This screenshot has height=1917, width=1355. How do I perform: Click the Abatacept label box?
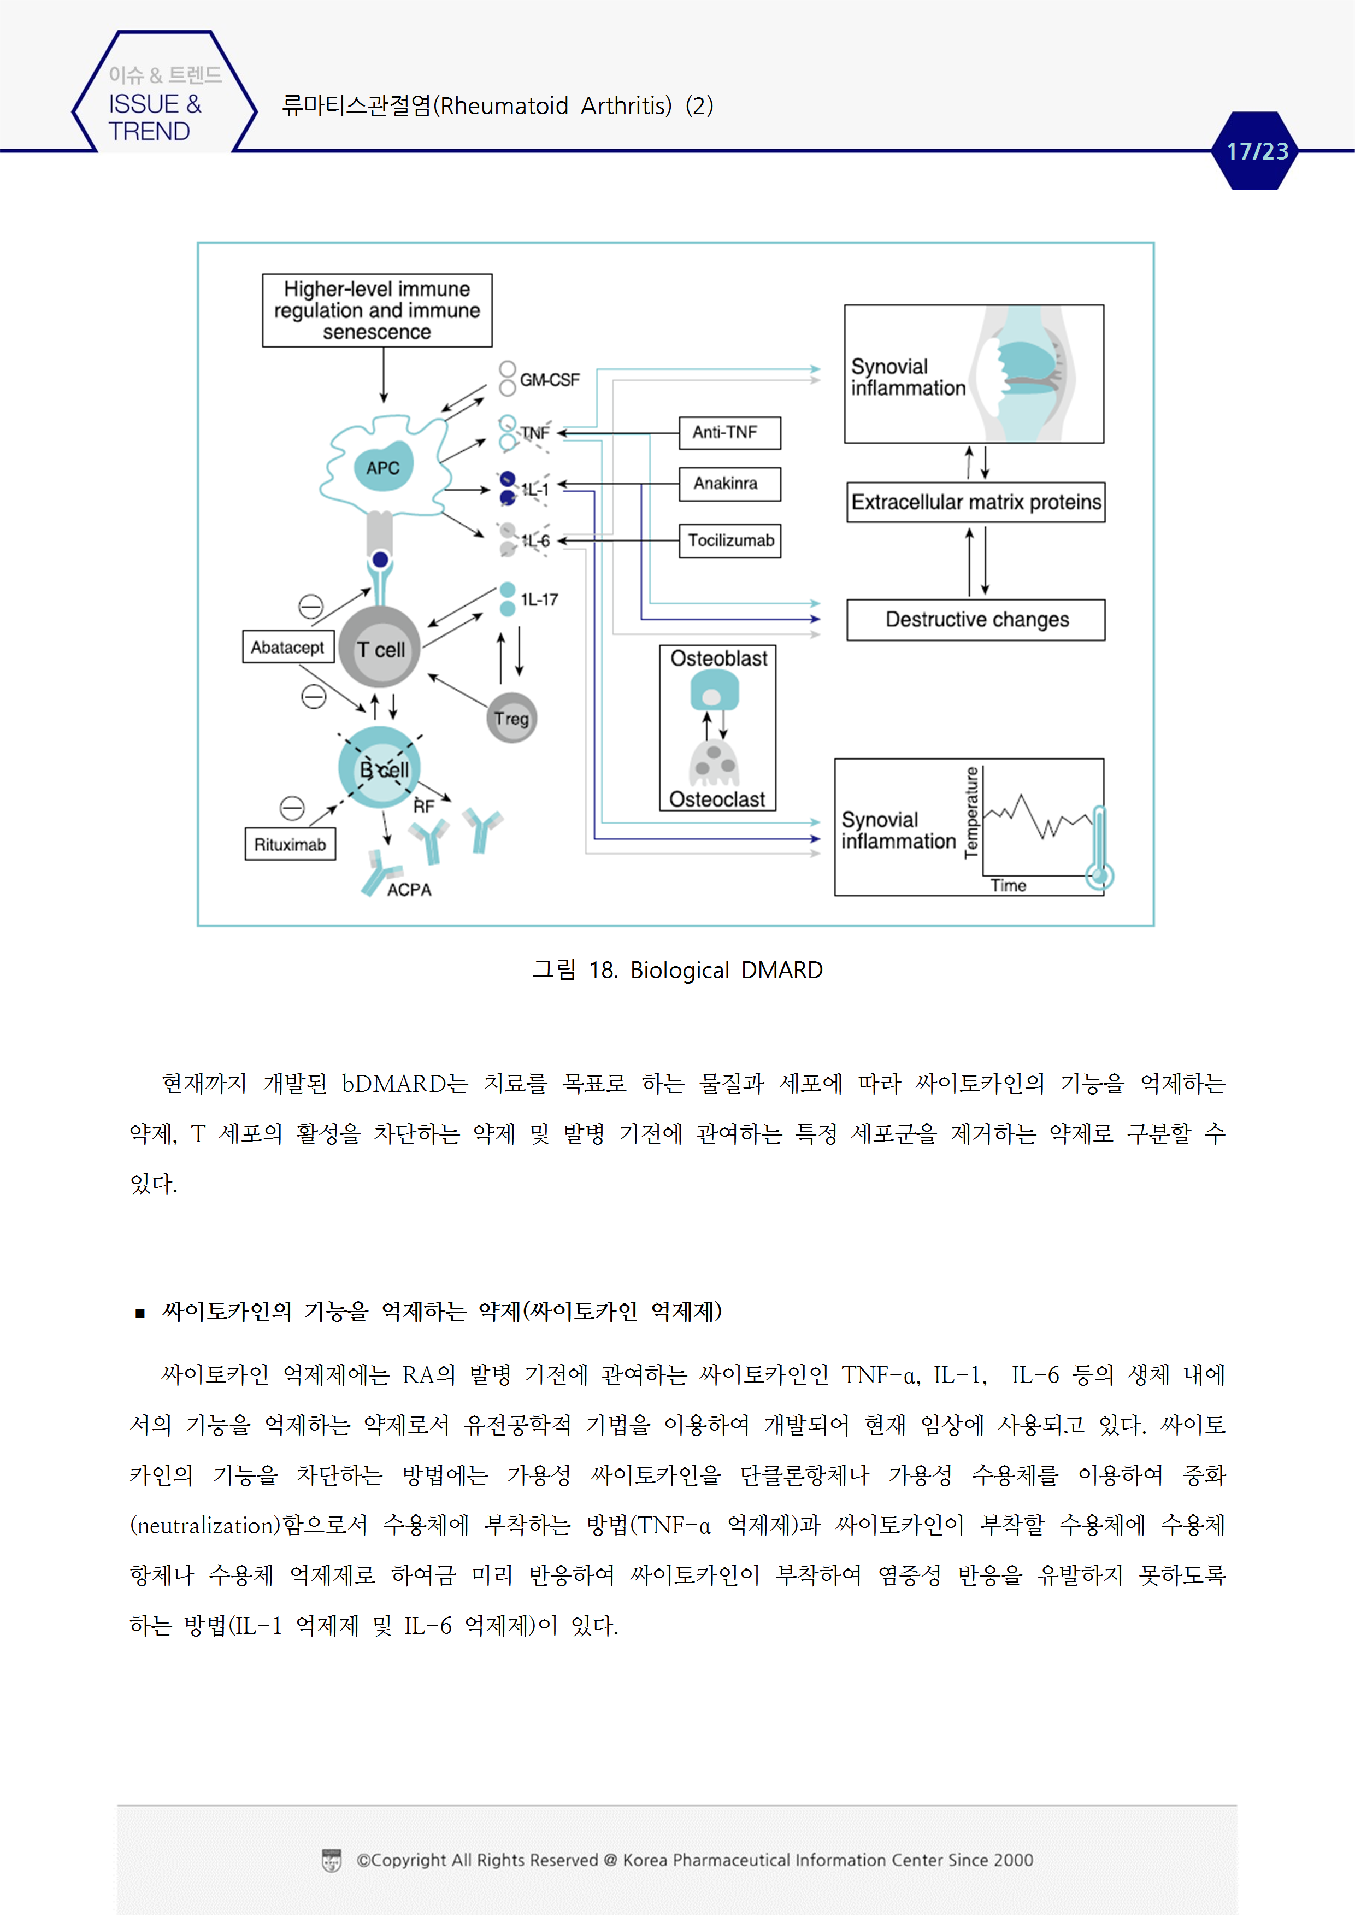pos(287,647)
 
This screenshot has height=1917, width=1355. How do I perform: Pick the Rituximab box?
pos(290,844)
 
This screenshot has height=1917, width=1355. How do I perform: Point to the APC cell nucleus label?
pos(382,468)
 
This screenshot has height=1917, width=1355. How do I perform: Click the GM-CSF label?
pos(549,380)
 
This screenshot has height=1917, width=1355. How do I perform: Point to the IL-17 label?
pos(539,599)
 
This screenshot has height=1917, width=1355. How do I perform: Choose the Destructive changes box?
pos(975,620)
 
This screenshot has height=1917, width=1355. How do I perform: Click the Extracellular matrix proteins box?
pos(975,502)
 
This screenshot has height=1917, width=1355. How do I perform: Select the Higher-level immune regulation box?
pos(376,310)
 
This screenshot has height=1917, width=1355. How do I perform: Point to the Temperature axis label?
pos(971,812)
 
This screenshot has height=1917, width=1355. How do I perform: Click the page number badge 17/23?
pos(1257,151)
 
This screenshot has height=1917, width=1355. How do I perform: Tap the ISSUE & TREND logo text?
pos(155,117)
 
